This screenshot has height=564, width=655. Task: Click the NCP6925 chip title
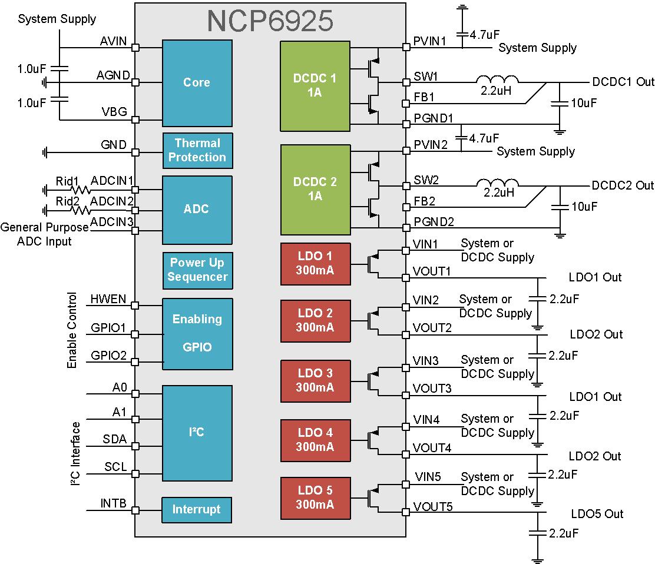(270, 21)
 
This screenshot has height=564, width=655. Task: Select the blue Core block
(196, 82)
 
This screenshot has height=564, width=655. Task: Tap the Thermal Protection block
(197, 150)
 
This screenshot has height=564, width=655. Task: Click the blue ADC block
(196, 210)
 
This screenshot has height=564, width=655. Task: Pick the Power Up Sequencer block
(197, 270)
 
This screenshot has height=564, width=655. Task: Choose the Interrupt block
(196, 509)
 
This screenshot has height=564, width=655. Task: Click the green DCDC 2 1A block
(315, 189)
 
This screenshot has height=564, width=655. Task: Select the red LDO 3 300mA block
(315, 380)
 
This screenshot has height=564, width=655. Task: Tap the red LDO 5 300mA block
(315, 497)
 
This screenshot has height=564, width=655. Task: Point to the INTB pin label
(113, 503)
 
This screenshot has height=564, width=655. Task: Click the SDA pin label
(115, 440)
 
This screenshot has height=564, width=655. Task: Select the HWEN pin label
(108, 299)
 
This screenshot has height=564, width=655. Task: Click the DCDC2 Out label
(622, 185)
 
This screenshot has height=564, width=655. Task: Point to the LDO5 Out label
(596, 514)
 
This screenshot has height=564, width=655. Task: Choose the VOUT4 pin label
(432, 448)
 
